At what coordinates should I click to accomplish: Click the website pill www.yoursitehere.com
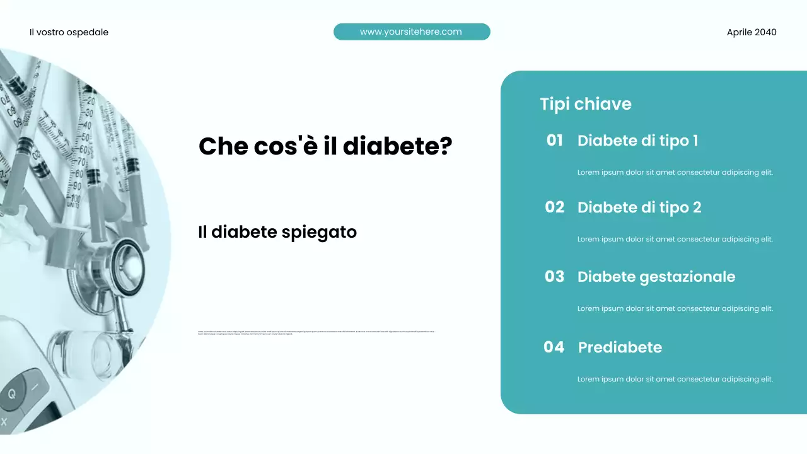pyautogui.click(x=411, y=32)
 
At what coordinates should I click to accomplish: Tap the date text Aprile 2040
pyautogui.click(x=752, y=32)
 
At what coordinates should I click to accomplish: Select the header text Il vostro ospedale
pyautogui.click(x=69, y=32)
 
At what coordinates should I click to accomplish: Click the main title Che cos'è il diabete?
pyautogui.click(x=325, y=146)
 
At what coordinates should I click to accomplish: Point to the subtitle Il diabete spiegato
pyautogui.click(x=277, y=232)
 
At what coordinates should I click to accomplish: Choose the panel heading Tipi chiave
pyautogui.click(x=585, y=104)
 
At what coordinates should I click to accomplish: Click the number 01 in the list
pyautogui.click(x=554, y=140)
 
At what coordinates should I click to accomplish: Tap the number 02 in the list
pyautogui.click(x=554, y=207)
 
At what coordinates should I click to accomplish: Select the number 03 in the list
pyautogui.click(x=554, y=276)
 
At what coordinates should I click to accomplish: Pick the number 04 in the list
pyautogui.click(x=554, y=347)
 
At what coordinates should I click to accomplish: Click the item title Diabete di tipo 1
pyautogui.click(x=637, y=141)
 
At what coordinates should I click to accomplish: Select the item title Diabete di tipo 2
pyautogui.click(x=639, y=207)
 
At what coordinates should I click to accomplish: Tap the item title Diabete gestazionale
pyautogui.click(x=656, y=277)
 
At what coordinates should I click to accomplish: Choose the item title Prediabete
pyautogui.click(x=620, y=347)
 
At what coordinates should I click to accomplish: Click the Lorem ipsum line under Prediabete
pyautogui.click(x=675, y=379)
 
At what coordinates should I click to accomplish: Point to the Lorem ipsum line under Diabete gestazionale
pyautogui.click(x=675, y=308)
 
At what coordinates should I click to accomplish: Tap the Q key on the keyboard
pyautogui.click(x=12, y=394)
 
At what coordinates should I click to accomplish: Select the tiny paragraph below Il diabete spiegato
pyautogui.click(x=316, y=332)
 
